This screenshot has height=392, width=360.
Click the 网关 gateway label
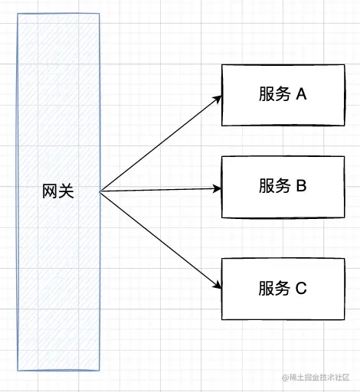(58, 191)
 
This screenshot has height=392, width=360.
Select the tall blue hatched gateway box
(58, 192)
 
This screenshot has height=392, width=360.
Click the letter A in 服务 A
(301, 93)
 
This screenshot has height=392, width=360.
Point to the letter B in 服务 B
(301, 185)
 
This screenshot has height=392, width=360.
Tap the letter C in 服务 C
(301, 288)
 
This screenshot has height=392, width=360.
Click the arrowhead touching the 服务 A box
(218, 99)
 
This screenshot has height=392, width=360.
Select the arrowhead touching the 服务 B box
(218, 188)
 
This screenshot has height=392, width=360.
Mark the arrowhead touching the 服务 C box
(218, 285)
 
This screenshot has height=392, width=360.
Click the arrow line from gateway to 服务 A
(161, 143)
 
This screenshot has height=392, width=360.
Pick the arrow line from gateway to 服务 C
(161, 240)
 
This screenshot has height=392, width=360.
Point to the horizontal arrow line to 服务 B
(161, 190)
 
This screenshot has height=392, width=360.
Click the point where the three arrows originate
(100, 191)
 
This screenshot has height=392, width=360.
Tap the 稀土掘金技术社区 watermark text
(316, 377)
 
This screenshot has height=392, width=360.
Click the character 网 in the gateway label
(50, 191)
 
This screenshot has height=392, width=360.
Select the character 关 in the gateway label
(66, 191)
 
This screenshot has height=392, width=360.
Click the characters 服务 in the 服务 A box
(275, 94)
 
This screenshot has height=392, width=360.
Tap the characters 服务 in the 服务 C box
(274, 288)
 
